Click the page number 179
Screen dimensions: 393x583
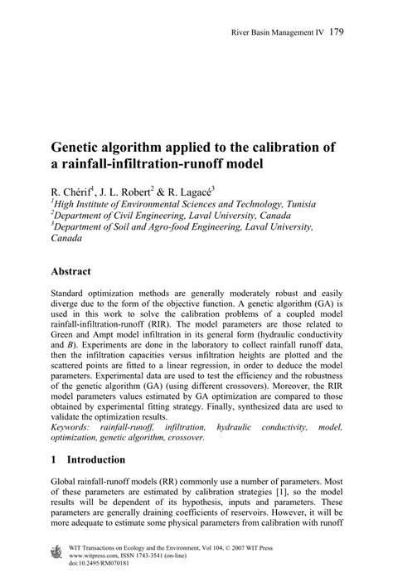pos(336,33)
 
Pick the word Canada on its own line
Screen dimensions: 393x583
pos(66,238)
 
